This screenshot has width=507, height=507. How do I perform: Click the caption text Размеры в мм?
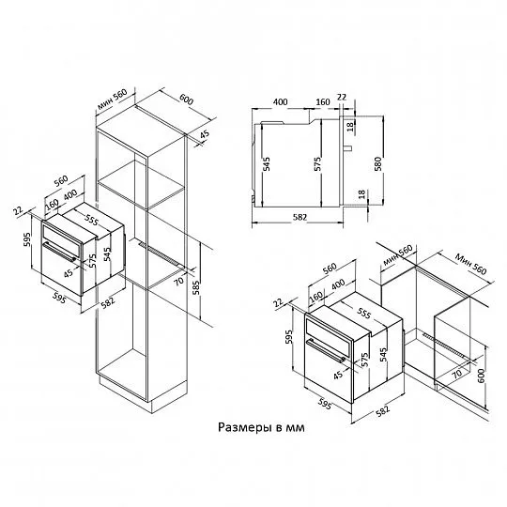pos(262,426)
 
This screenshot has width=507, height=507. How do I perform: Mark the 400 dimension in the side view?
pos(281,101)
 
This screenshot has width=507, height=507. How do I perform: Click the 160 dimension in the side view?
pos(323,101)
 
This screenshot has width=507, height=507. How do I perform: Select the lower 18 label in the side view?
pos(361,194)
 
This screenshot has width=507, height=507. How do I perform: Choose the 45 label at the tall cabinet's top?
pos(206,139)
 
